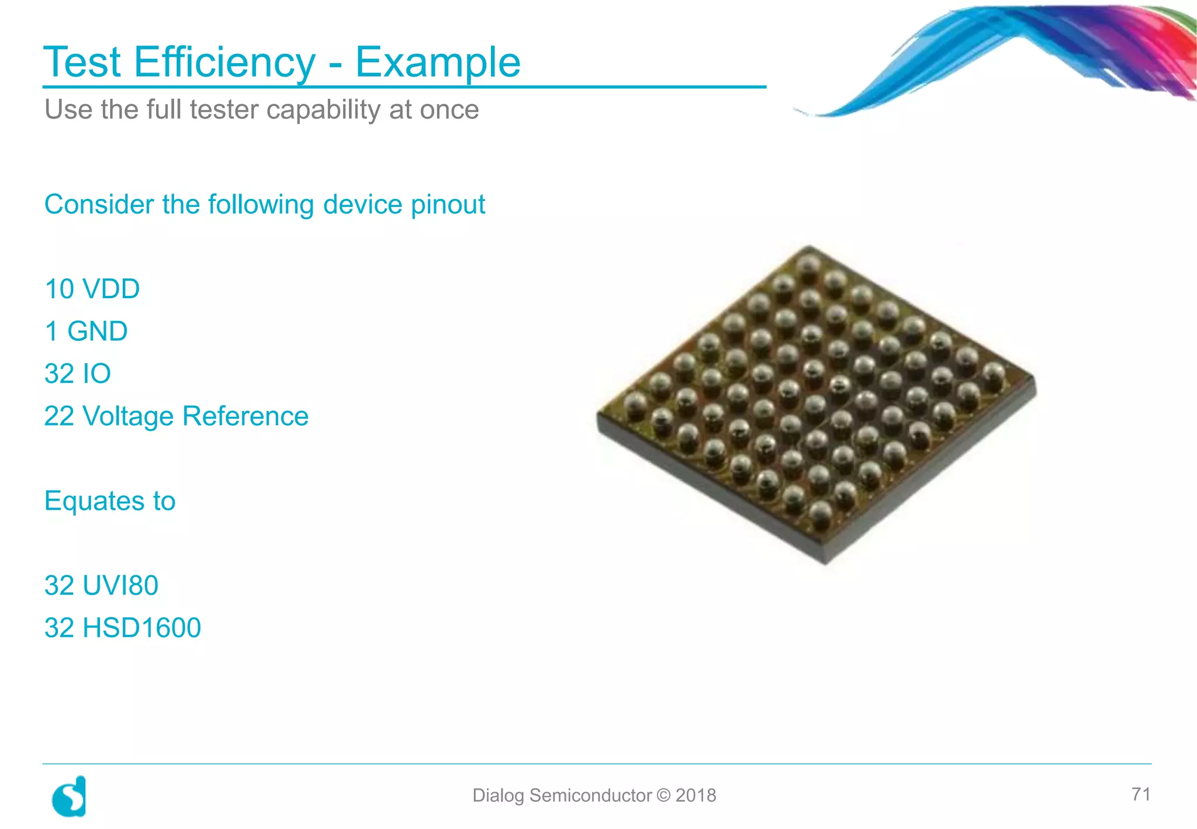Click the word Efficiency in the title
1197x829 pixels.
224,62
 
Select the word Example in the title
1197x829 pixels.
438,62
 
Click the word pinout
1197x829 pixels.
448,205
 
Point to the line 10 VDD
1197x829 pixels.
92,289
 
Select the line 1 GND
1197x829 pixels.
86,331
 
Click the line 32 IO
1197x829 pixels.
78,374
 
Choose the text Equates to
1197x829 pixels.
110,501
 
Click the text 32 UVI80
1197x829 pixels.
101,585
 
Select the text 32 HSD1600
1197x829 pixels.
123,628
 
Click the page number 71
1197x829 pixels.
1140,794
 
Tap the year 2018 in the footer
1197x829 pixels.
696,796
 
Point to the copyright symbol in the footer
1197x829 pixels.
663,796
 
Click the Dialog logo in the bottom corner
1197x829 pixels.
70,796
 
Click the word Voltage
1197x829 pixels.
128,416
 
